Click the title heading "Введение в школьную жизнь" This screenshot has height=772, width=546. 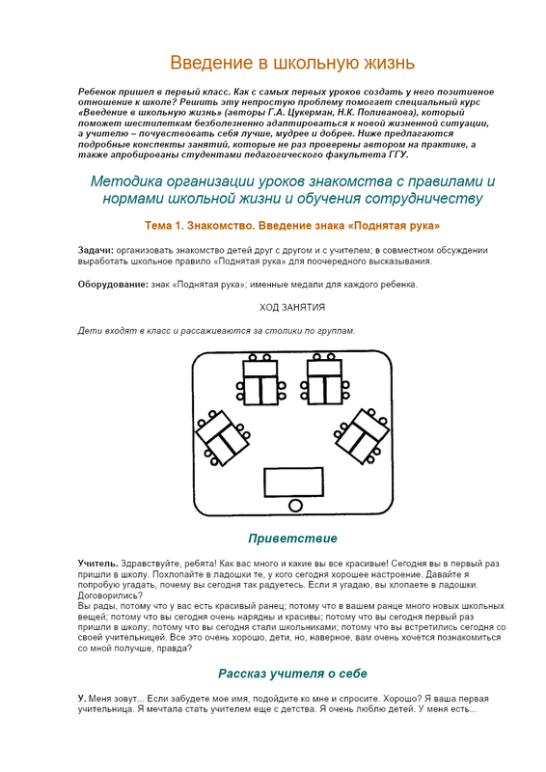coord(292,63)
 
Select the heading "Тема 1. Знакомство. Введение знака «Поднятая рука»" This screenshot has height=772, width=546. coord(292,226)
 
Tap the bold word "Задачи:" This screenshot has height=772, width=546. coord(96,250)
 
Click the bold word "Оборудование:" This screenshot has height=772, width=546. coord(113,285)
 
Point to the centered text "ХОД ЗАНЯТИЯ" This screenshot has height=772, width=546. coord(292,307)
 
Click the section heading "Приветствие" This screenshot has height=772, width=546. coord(292,538)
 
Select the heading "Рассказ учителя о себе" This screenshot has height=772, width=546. coord(292,674)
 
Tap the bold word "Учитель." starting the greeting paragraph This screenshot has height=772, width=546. coord(98,564)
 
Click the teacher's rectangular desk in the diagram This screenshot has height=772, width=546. coord(294,482)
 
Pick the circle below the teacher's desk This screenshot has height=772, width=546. coord(295,506)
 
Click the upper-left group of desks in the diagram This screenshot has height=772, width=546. coord(260,380)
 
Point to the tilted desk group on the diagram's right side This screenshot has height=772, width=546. coord(361,436)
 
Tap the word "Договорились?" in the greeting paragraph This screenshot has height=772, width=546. coord(110,595)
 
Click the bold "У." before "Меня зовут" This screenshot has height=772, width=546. coord(82,698)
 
